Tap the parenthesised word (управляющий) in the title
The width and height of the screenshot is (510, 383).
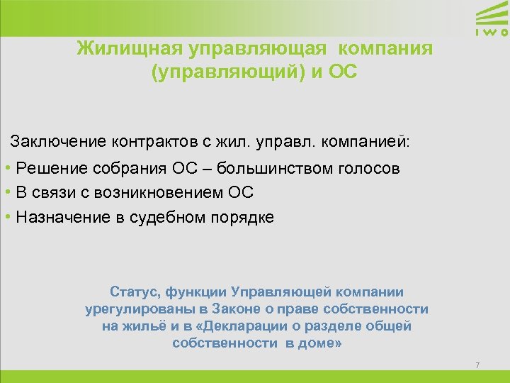coord(222,73)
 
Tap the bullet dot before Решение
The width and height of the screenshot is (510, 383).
coord(6,169)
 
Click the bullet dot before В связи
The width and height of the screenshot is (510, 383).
coord(6,193)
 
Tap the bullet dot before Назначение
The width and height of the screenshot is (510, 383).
coord(6,217)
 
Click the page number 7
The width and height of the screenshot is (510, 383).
coord(477,365)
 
